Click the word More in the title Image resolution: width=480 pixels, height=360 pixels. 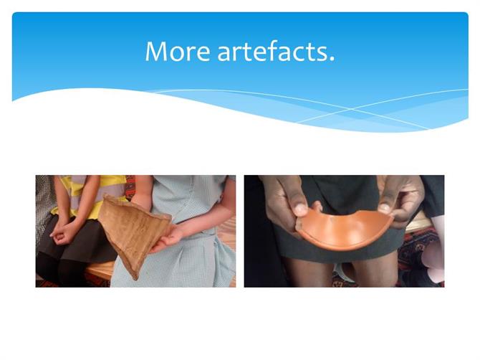point(178,51)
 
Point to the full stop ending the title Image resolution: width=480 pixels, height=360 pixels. point(332,59)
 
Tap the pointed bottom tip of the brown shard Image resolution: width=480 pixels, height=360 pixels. point(137,278)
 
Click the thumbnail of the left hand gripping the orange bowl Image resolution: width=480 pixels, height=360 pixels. point(301,210)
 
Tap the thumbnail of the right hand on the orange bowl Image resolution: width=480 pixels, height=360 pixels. point(383,209)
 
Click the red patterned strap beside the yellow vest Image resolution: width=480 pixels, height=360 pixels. point(130,187)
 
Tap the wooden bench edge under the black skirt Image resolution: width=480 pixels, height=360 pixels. point(100,270)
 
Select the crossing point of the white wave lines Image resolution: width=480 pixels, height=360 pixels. point(351,109)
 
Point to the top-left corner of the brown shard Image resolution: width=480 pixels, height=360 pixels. point(105,196)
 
